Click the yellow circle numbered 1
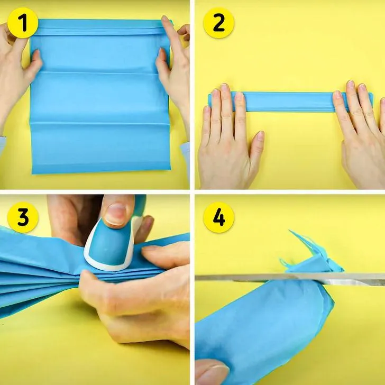pos(23,23)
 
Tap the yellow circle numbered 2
pos(218,23)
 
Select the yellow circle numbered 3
pos(23,217)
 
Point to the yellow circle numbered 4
pos(218,217)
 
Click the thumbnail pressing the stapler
pos(116,214)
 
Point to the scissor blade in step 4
pos(290,278)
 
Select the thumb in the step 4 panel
pos(212,372)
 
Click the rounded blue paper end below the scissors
pos(265,327)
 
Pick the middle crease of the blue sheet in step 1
pos(99,73)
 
